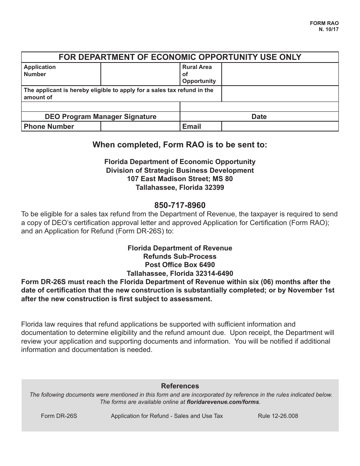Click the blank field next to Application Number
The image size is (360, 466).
pyautogui.click(x=140, y=74)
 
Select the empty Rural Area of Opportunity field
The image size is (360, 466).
pyautogui.click(x=280, y=74)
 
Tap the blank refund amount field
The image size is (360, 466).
pyautogui.click(x=280, y=94)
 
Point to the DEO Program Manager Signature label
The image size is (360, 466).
pyautogui.click(x=100, y=117)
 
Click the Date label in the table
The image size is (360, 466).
pyautogui.click(x=259, y=117)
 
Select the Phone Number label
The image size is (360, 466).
pyautogui.click(x=49, y=127)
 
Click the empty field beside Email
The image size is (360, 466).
pyautogui.click(x=280, y=127)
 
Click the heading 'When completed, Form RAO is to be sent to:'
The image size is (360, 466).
pyautogui.click(x=180, y=145)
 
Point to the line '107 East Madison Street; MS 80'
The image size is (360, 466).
pyautogui.click(x=180, y=179)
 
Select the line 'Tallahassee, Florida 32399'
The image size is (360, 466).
pyautogui.click(x=180, y=188)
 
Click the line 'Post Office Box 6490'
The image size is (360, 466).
pyautogui.click(x=180, y=265)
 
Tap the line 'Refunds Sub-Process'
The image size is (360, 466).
pyautogui.click(x=180, y=256)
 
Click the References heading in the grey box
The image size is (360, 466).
pyautogui.click(x=180, y=386)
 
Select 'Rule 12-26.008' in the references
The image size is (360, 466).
pyautogui.click(x=278, y=416)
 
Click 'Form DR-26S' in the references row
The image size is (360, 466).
pyautogui.click(x=59, y=416)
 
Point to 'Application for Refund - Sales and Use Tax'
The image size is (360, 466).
pyautogui.click(x=167, y=416)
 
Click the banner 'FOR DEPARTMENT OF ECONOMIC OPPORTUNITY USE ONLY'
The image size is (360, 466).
pyautogui.click(x=180, y=57)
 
